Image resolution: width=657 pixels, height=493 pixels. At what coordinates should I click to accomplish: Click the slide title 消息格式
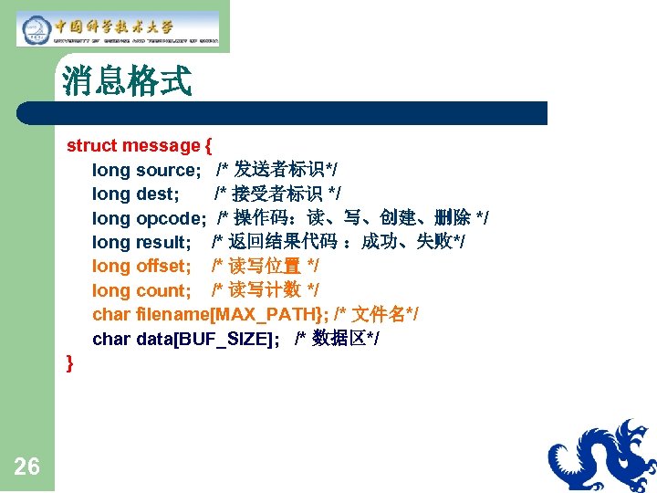click(x=127, y=81)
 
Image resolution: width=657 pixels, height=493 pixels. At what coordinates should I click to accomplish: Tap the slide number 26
click(x=27, y=467)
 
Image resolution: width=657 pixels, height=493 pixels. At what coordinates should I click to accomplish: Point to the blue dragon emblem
click(x=602, y=456)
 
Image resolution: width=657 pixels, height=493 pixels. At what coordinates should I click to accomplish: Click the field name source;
click(x=168, y=170)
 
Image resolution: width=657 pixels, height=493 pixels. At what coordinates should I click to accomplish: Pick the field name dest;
click(x=157, y=194)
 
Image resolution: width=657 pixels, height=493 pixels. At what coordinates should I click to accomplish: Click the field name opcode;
click(x=171, y=218)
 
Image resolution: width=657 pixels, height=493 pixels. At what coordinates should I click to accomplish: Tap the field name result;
click(x=163, y=242)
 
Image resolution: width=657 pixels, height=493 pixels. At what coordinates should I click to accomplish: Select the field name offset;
click(x=163, y=266)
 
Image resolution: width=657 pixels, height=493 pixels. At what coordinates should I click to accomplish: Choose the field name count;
click(x=163, y=290)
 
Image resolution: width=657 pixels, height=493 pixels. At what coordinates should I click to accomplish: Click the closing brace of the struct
click(x=70, y=363)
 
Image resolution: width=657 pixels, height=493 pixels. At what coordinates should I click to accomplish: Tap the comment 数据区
click(x=338, y=339)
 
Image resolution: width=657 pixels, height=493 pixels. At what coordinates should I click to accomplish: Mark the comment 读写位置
click(x=266, y=266)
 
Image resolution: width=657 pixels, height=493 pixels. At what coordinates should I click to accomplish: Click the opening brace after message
click(x=209, y=146)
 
